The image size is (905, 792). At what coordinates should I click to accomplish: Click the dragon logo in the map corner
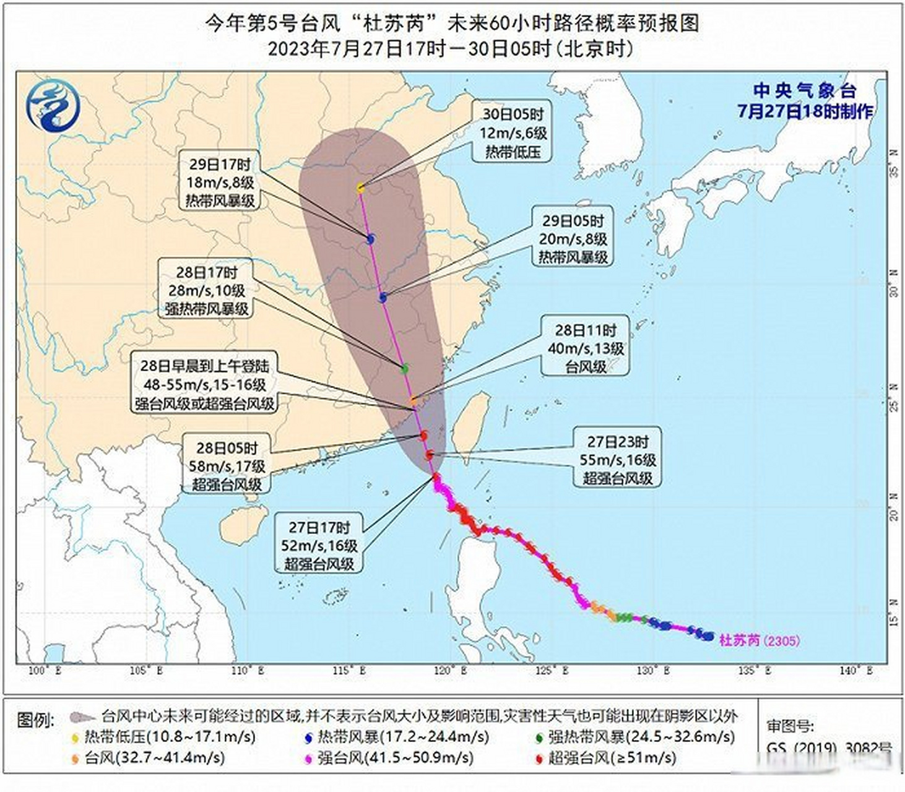[x=53, y=105]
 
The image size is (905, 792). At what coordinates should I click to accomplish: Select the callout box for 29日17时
[x=220, y=182]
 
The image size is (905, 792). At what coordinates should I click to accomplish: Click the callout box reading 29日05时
[x=573, y=239]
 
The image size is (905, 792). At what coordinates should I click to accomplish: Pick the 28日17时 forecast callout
[x=206, y=290]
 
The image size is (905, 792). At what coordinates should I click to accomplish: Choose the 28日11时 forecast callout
[x=585, y=348]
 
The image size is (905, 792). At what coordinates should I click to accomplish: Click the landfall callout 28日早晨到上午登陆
[x=204, y=384]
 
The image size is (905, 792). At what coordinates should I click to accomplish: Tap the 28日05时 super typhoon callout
[x=227, y=466]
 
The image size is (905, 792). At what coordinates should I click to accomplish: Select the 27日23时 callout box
[x=617, y=460]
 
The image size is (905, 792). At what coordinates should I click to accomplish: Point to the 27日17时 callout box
[x=319, y=545]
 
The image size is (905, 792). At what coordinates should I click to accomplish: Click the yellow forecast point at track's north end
[x=361, y=187]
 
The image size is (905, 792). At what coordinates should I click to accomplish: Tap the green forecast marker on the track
[x=404, y=368]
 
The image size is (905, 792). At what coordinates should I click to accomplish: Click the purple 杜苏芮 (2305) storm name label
[x=759, y=640]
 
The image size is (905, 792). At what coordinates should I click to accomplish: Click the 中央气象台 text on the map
[x=804, y=92]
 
